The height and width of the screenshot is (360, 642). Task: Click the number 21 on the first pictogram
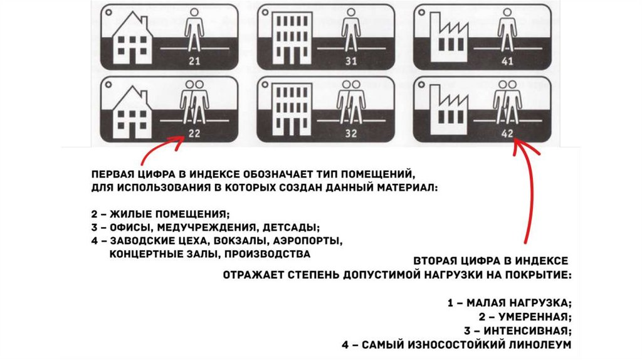194,61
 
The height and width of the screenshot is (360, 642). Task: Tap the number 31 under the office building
350,61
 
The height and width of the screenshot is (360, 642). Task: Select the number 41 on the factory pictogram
507,61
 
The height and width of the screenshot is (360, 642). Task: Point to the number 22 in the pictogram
194,133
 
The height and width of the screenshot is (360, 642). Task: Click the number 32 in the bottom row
350,133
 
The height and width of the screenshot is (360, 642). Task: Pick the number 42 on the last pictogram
507,133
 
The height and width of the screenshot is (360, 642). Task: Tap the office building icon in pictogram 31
291,37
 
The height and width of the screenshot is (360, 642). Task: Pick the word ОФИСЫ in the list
126,227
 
